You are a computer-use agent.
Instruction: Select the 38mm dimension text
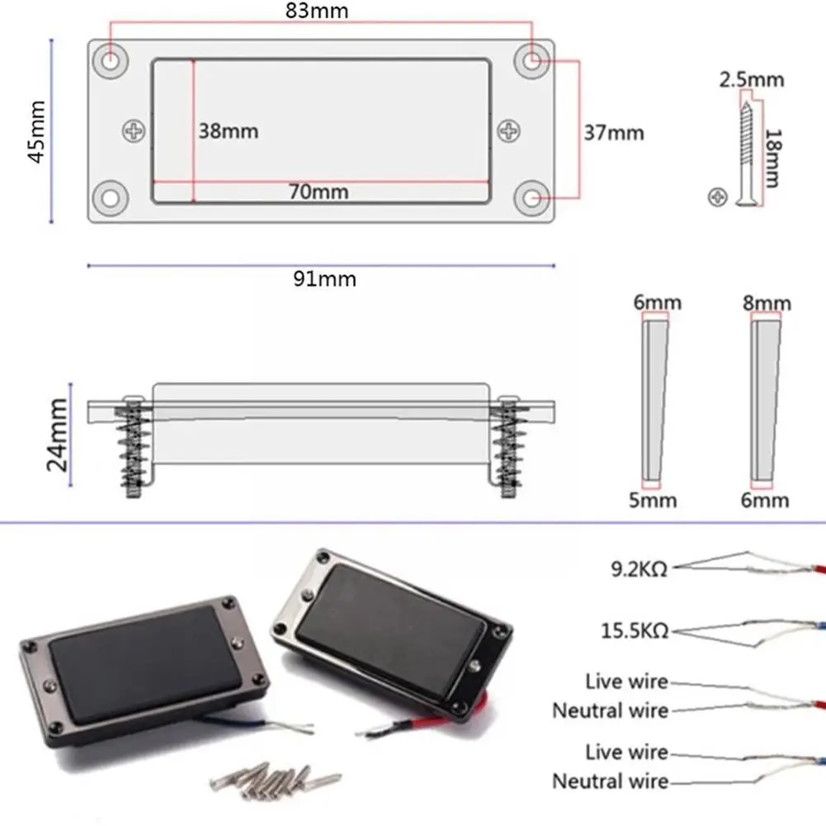(x=228, y=131)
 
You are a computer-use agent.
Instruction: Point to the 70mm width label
(x=319, y=192)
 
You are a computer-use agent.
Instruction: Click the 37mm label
(x=614, y=132)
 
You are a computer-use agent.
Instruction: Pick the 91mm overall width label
(x=325, y=279)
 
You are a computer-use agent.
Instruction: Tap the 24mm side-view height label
(x=58, y=434)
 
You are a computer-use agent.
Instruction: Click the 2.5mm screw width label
(x=751, y=80)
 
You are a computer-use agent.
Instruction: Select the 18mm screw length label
(x=772, y=158)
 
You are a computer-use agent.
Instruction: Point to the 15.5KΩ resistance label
(x=634, y=632)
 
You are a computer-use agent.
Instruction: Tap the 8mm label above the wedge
(x=767, y=304)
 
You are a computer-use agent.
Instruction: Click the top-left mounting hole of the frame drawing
(x=111, y=59)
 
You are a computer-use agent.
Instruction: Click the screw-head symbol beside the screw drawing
(x=718, y=196)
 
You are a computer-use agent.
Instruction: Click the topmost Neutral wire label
(x=610, y=710)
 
